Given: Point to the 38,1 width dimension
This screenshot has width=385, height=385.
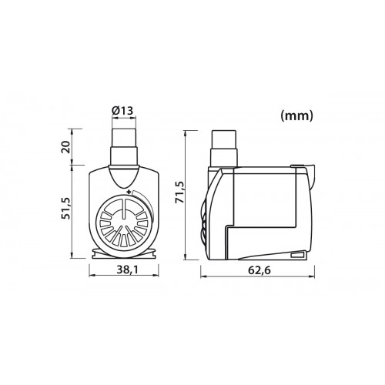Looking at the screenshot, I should tap(125, 270).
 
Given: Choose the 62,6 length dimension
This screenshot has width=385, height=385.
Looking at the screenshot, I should tap(256, 270).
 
